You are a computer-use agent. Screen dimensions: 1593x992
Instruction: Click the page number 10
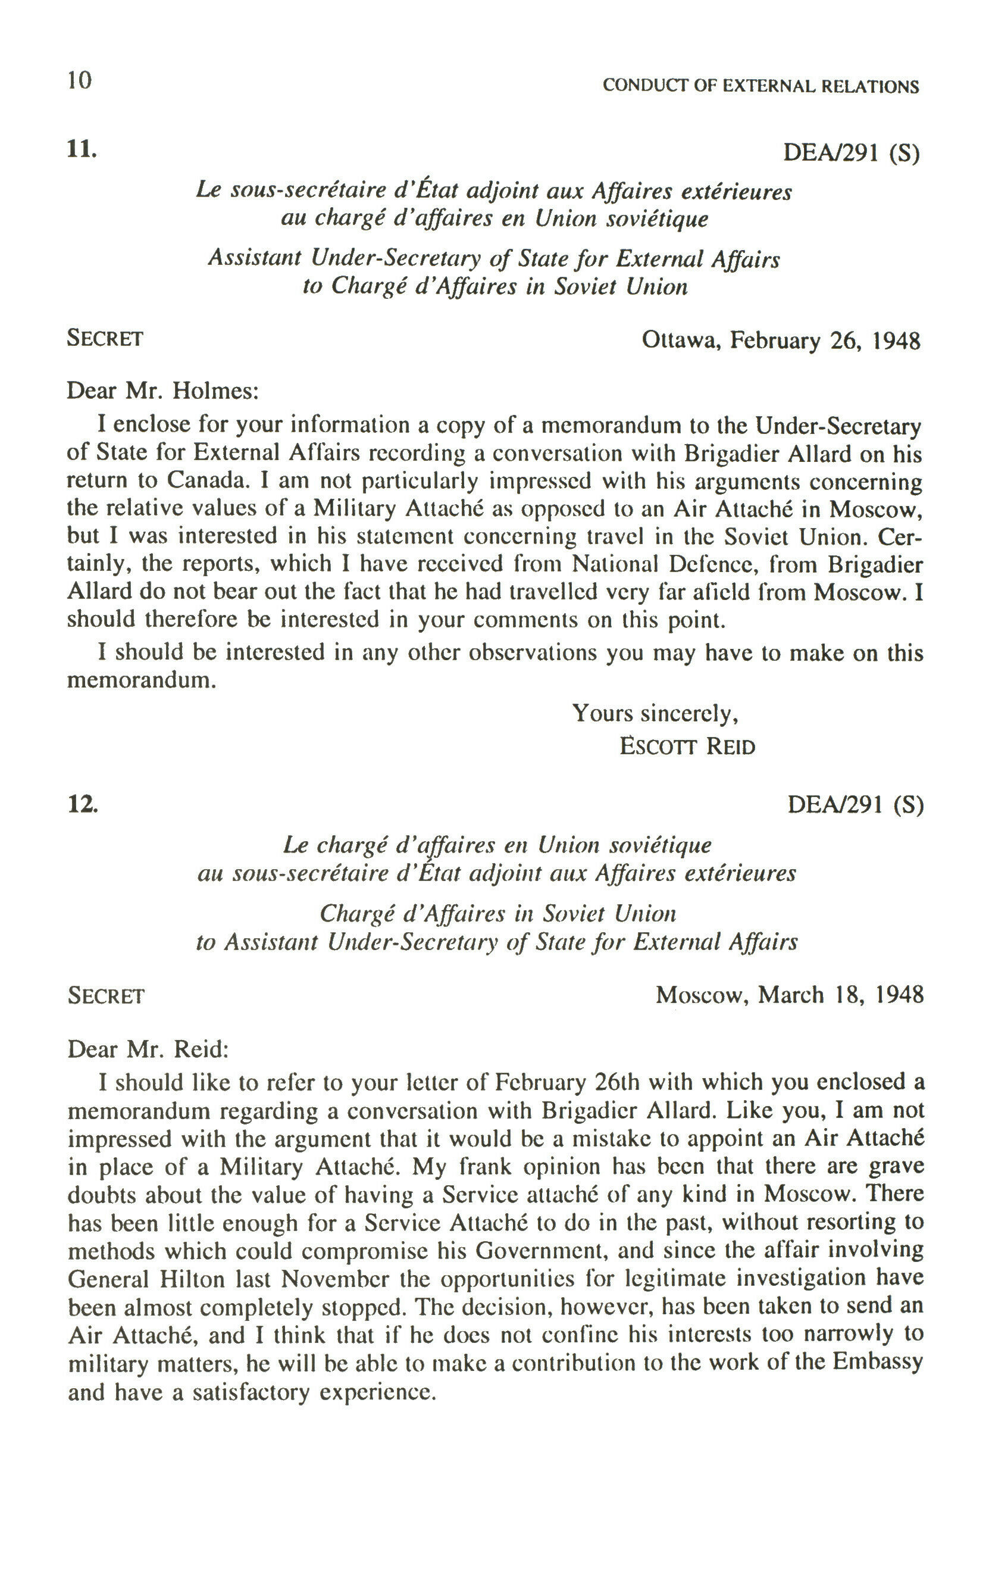(79, 81)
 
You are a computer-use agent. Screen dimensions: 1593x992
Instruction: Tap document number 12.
(83, 804)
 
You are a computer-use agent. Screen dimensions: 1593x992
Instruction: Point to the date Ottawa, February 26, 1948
(781, 341)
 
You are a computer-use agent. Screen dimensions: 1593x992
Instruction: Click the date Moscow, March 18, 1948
(789, 995)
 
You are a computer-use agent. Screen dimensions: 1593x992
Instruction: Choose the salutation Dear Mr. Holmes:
(162, 391)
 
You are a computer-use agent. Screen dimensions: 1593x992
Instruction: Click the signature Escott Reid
(687, 747)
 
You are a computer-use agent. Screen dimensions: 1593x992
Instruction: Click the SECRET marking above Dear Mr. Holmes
(105, 339)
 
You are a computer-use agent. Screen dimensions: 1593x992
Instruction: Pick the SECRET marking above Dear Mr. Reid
(106, 996)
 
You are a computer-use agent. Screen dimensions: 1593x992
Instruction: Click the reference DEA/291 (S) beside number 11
(851, 153)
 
